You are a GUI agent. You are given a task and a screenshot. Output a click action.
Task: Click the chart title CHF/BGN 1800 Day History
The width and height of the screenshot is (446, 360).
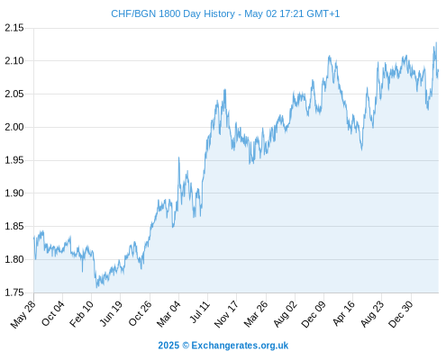coord(173,13)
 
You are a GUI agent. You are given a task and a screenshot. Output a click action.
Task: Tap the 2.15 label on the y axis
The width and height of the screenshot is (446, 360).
coord(14,28)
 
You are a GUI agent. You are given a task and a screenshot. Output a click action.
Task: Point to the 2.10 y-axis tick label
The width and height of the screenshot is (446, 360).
coord(14,61)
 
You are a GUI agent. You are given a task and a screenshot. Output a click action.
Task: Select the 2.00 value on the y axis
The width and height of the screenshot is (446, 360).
coord(14,127)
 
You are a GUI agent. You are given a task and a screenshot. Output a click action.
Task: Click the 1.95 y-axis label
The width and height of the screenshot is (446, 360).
coord(14,160)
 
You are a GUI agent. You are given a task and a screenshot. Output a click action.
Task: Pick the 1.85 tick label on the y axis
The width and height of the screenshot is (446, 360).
coord(14,226)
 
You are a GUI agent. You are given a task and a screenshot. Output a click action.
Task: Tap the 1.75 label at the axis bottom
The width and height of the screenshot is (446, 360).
coord(14,292)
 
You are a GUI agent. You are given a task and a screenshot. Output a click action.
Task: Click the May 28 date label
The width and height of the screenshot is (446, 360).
coord(23,314)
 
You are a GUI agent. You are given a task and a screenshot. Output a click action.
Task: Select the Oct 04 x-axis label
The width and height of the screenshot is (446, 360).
coord(52,313)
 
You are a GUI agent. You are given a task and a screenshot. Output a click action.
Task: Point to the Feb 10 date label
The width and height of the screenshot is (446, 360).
coord(81,314)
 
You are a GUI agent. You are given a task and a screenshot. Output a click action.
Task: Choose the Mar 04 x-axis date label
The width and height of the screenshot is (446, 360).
coord(168,314)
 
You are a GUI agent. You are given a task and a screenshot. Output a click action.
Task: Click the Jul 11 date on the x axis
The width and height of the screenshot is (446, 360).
coord(200,312)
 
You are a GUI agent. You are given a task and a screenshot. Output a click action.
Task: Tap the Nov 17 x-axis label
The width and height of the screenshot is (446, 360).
coord(226,314)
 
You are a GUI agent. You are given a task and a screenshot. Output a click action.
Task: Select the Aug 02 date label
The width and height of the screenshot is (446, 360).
coord(285,314)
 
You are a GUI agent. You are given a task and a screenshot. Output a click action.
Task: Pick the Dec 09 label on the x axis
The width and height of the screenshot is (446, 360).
coord(314,314)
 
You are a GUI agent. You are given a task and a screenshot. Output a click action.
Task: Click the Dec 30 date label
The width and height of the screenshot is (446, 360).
coord(401,314)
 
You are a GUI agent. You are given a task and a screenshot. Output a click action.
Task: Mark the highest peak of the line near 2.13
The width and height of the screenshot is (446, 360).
coord(436,42)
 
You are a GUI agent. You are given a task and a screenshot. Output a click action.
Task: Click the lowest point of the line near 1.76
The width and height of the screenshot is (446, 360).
coord(96,287)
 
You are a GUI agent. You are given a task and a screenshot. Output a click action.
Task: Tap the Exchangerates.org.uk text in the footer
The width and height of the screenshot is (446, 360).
coord(240,346)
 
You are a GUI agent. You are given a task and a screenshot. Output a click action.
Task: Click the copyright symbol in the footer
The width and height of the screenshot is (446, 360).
coord(186,346)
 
